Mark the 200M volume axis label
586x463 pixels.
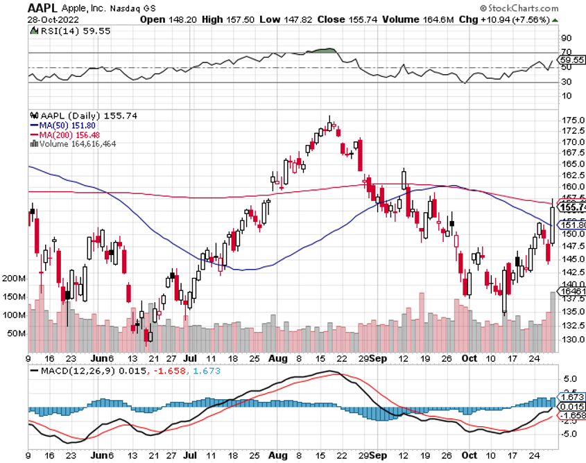14,278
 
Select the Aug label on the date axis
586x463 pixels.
277,359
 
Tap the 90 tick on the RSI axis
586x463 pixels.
566,38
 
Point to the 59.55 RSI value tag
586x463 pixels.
573,60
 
